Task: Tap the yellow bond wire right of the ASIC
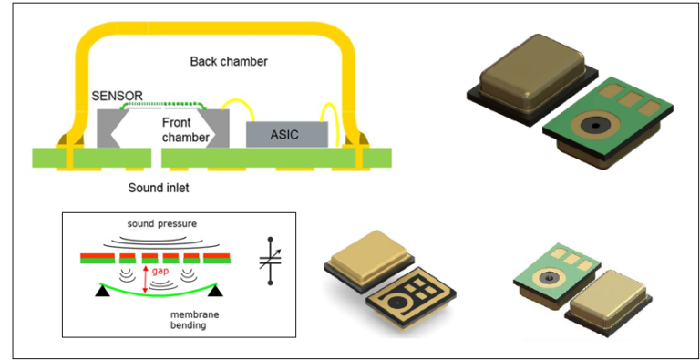coord(337,124)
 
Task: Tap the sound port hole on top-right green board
coord(593,124)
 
